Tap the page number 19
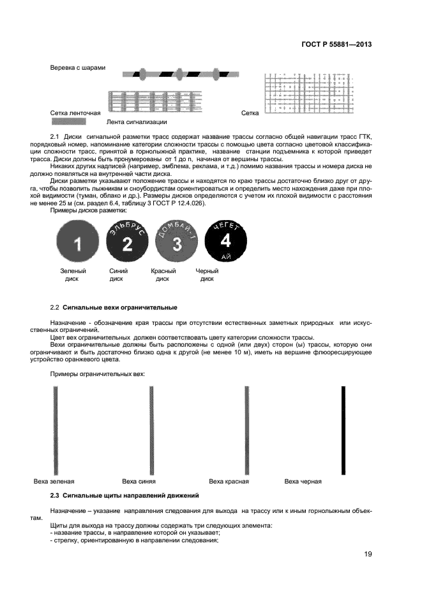click(368, 554)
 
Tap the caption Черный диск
click(207, 275)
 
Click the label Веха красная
click(229, 481)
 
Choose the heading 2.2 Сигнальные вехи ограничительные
click(114, 308)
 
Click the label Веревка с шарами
click(77, 68)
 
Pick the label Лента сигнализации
click(137, 122)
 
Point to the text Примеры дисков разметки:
click(89, 210)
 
